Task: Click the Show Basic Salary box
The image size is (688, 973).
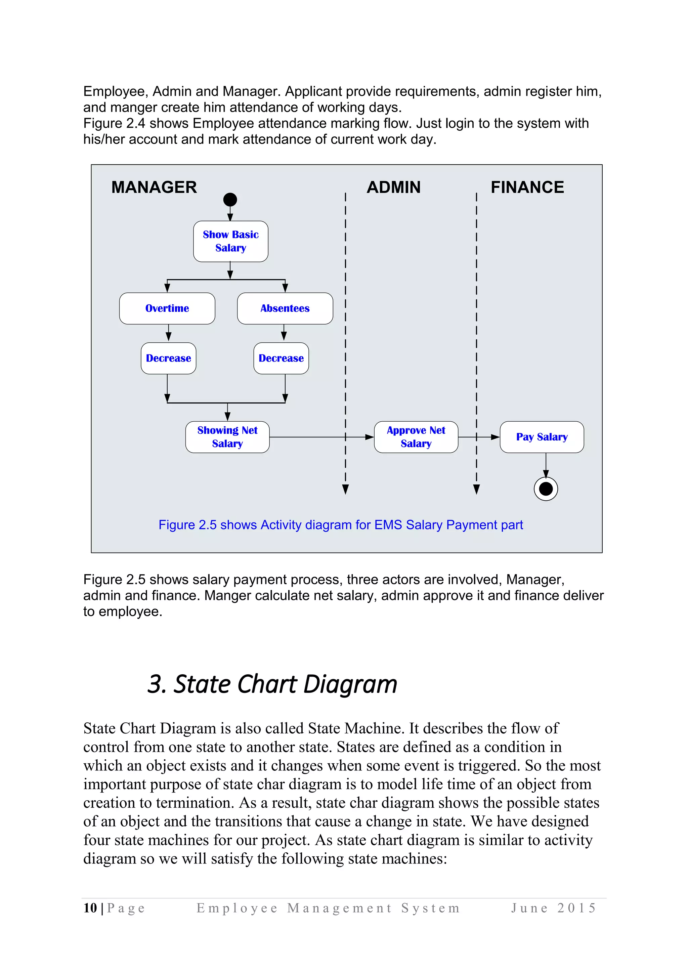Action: point(230,241)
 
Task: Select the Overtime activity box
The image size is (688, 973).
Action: point(167,308)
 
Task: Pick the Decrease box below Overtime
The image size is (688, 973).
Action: point(168,358)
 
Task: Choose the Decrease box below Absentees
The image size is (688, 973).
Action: point(281,358)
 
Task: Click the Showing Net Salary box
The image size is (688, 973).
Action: point(227,437)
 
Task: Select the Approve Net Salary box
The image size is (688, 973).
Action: point(416,437)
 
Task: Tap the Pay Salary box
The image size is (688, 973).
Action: point(542,437)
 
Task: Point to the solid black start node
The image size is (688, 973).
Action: point(230,199)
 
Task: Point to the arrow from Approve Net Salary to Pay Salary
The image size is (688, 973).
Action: point(479,437)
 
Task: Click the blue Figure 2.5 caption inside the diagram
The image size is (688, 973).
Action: point(341,525)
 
